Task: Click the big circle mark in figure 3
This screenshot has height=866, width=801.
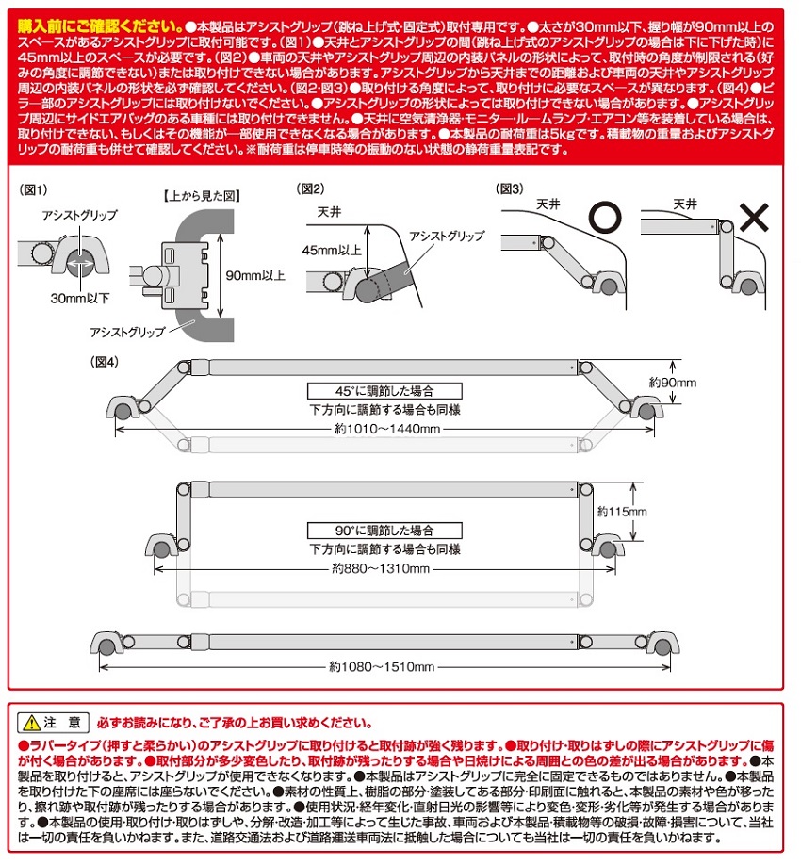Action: click(x=602, y=219)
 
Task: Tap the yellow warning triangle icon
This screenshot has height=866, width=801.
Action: click(x=32, y=723)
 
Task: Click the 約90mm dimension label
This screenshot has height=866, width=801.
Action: click(x=672, y=383)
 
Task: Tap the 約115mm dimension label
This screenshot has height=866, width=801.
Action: click(x=623, y=512)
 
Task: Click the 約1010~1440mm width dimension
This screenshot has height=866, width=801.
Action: click(x=385, y=429)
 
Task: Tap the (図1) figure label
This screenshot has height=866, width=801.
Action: click(x=34, y=189)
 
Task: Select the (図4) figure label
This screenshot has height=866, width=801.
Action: click(x=105, y=361)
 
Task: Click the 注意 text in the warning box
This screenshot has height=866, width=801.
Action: click(x=69, y=723)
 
